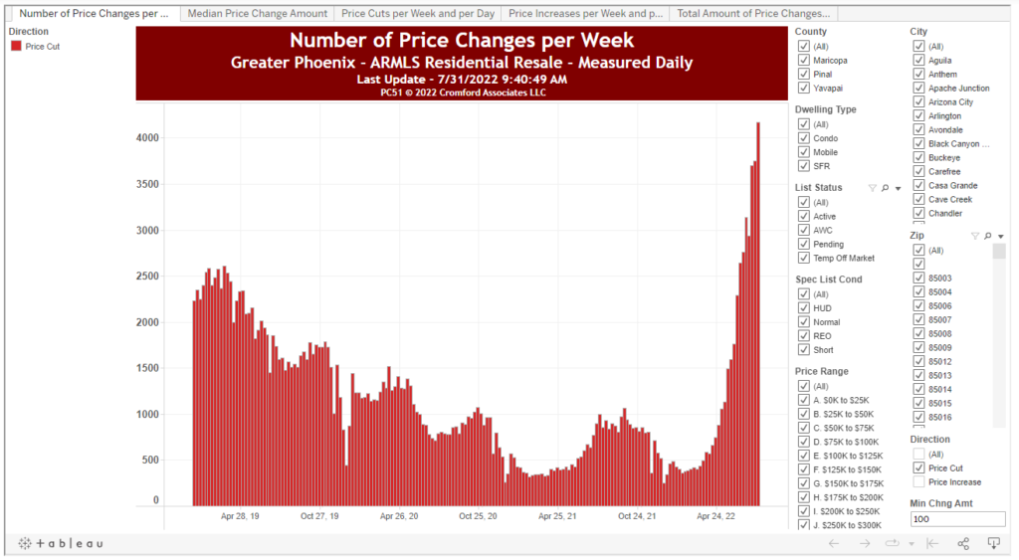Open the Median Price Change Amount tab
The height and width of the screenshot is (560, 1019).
(x=258, y=14)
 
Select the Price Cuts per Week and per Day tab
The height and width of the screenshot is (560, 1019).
(x=418, y=14)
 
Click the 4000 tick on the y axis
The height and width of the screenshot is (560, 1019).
(x=147, y=138)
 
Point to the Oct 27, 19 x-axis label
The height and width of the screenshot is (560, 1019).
(x=319, y=516)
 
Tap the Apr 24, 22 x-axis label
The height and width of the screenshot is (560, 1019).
(x=715, y=516)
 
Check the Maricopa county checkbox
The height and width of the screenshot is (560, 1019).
(x=803, y=61)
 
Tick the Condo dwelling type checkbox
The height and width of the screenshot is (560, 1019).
(x=803, y=138)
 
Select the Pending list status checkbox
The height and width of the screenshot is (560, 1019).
(x=803, y=244)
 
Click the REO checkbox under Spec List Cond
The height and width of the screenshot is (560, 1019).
(x=803, y=336)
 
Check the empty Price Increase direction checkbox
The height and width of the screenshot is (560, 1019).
(x=918, y=482)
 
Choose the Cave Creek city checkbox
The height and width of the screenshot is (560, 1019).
(x=918, y=200)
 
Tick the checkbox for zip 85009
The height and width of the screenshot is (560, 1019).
(x=918, y=348)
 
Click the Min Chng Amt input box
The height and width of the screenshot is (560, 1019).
(x=957, y=519)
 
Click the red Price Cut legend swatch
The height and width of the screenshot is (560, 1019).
(x=16, y=47)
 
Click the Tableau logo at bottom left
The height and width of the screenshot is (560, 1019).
(x=61, y=543)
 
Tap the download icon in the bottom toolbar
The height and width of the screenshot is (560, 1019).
(x=993, y=543)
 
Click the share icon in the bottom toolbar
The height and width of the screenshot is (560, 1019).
(x=963, y=543)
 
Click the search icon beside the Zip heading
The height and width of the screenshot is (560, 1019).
(x=987, y=236)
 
